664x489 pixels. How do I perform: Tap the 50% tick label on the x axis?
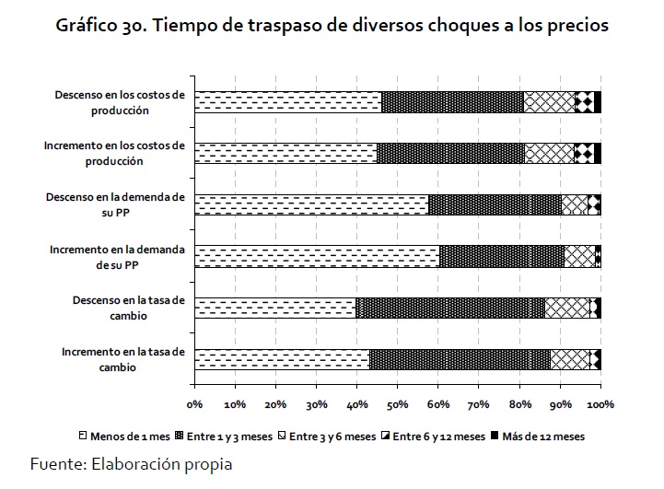(x=398, y=403)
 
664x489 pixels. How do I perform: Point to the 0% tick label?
(x=195, y=403)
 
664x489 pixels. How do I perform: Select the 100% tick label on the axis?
(x=600, y=403)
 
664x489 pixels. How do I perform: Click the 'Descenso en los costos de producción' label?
(x=120, y=101)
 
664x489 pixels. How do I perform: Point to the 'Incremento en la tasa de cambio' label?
(x=124, y=359)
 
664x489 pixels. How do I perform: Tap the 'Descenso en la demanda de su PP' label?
(x=120, y=204)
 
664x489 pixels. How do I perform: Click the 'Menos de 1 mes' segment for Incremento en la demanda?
(x=317, y=256)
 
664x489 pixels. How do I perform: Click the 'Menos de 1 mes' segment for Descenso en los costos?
(x=288, y=101)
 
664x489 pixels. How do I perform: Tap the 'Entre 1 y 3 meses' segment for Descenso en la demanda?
(x=495, y=204)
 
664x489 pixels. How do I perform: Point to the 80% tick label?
(x=519, y=403)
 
